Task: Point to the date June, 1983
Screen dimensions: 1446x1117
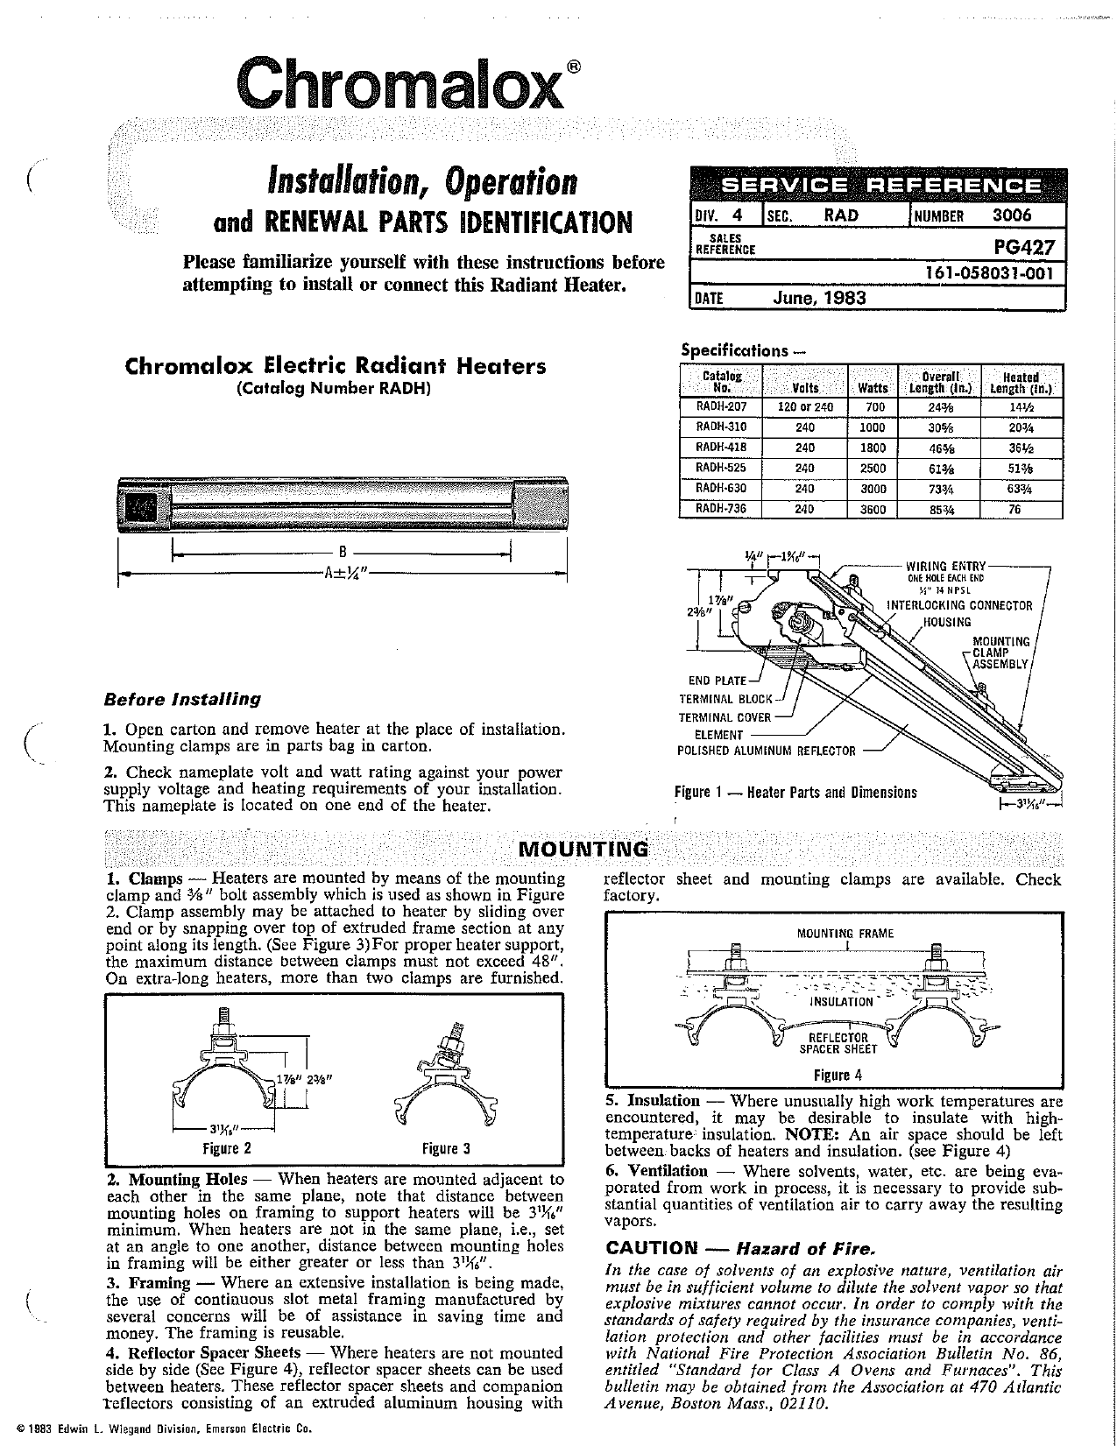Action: (x=819, y=298)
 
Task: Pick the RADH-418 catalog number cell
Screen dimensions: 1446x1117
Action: (x=721, y=448)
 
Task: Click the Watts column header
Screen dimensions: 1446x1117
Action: (x=873, y=387)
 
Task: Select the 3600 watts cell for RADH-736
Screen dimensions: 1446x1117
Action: (x=873, y=509)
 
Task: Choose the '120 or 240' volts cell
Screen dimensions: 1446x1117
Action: (x=805, y=407)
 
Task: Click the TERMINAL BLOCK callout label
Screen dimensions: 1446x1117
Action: (x=726, y=699)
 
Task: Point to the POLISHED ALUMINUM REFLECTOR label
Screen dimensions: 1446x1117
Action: (x=766, y=751)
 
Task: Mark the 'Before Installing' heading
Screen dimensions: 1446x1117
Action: (x=182, y=700)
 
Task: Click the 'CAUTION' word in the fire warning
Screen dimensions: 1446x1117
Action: (x=650, y=1247)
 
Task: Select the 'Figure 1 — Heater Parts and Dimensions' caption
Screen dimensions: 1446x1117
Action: (x=795, y=793)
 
